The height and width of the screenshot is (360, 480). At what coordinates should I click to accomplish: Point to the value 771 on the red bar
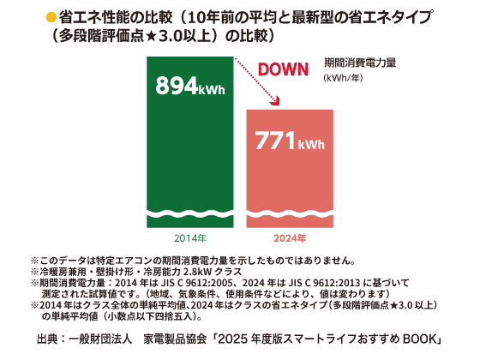(275, 140)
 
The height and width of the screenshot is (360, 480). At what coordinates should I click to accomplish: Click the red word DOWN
(287, 70)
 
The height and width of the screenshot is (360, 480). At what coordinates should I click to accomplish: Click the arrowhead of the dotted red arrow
(277, 102)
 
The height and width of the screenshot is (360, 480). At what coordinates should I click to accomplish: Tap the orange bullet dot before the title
(50, 16)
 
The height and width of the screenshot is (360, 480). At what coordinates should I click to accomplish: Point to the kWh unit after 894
(212, 89)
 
